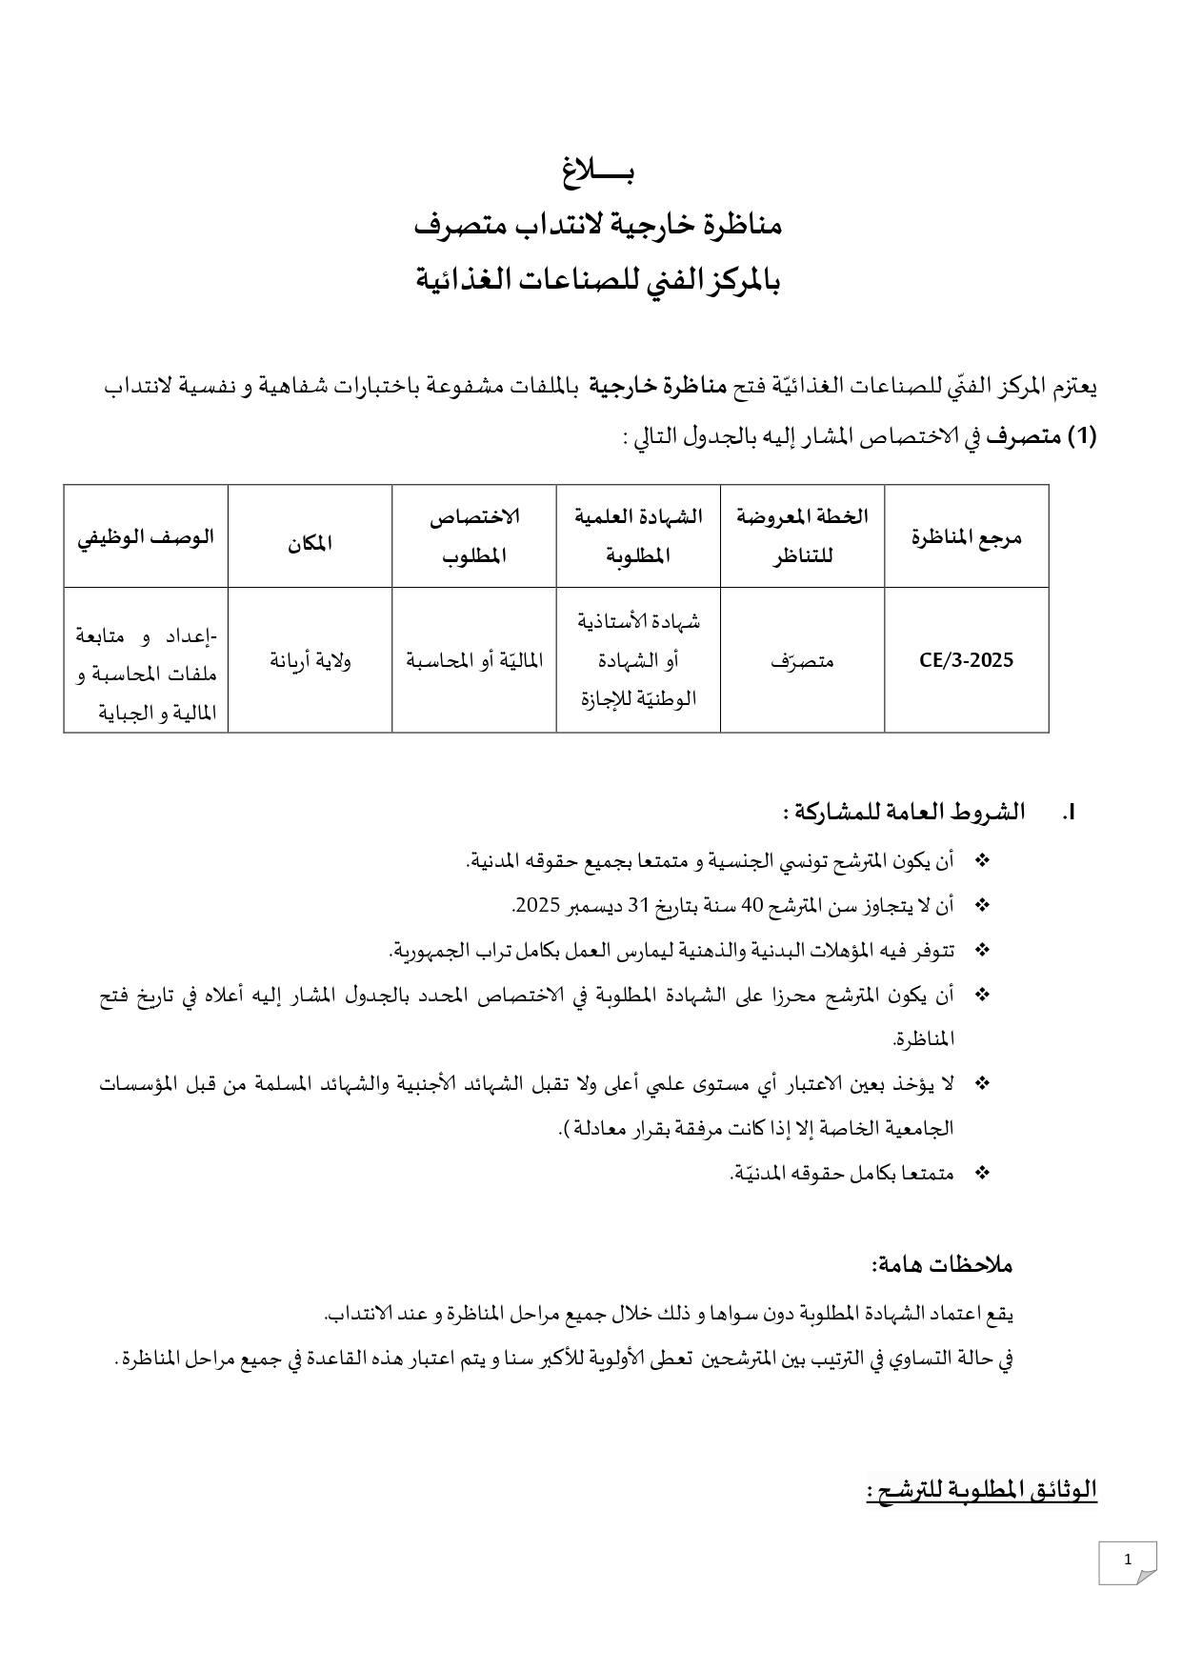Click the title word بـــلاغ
coord(597,172)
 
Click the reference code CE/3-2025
coord(966,660)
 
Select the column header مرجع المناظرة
coord(966,536)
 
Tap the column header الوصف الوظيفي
coord(146,536)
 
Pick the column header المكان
coord(310,543)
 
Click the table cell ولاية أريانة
coord(310,660)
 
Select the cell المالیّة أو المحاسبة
coord(474,660)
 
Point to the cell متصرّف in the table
coord(802,660)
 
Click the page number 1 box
coord(1127,1560)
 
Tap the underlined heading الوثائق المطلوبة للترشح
coord(982,1489)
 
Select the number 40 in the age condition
coord(752,906)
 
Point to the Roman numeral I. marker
coord(1068,813)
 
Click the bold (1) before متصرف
coord(1081,437)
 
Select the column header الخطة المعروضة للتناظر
coord(802,535)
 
